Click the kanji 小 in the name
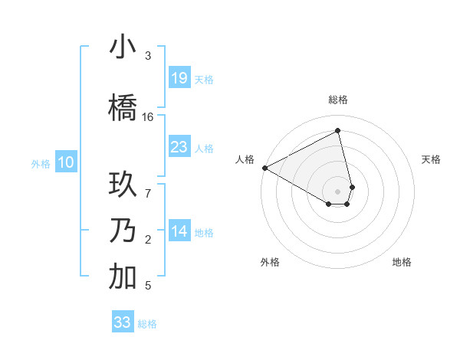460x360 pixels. tap(123, 47)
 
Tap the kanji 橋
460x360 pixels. tap(123, 108)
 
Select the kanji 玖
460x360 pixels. tap(123, 186)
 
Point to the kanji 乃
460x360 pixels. tap(123, 231)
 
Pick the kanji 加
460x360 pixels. tap(123, 277)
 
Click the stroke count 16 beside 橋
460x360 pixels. tap(148, 117)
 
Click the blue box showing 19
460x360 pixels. tap(179, 77)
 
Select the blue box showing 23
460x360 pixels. tap(179, 147)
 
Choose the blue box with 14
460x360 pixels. tap(179, 231)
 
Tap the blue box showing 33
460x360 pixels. tap(123, 322)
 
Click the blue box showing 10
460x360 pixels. tap(66, 162)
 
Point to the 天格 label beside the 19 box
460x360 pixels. tap(204, 79)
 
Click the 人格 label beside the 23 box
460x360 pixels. tap(204, 149)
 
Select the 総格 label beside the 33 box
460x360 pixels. tap(147, 324)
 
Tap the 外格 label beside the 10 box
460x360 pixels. tap(41, 163)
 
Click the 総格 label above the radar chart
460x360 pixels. tap(338, 100)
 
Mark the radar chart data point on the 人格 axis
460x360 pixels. tap(264, 168)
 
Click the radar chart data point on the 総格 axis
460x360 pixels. tap(338, 131)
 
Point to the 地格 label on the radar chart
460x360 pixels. tap(402, 262)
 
